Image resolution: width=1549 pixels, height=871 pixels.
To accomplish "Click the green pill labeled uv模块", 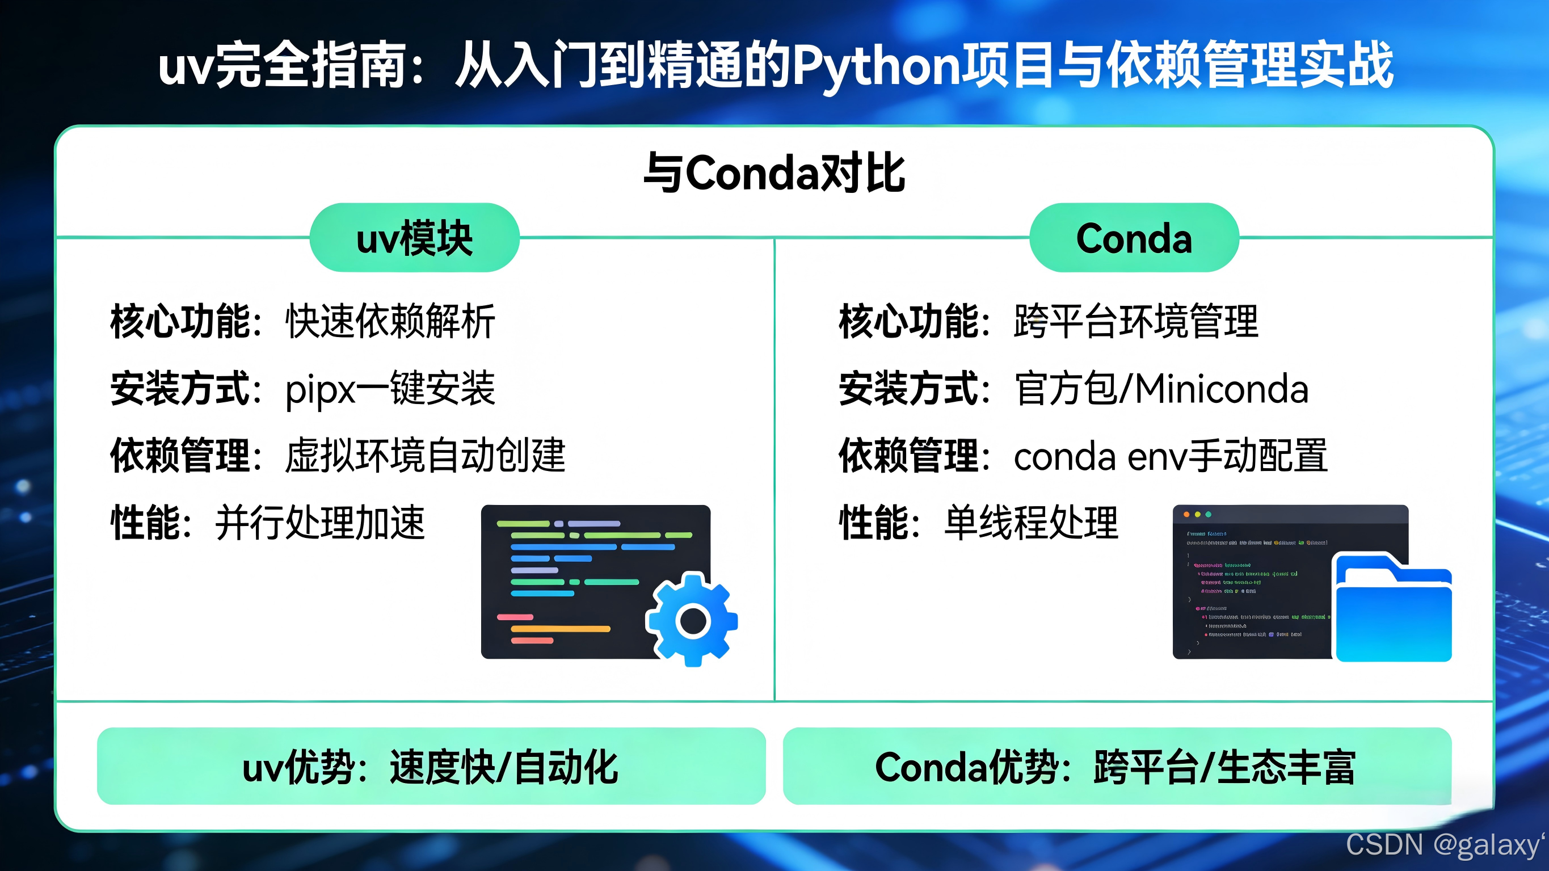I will (x=414, y=238).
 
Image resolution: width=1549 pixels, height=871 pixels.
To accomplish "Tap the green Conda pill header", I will (x=1134, y=238).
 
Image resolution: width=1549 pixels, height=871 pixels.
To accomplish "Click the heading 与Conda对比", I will (x=774, y=173).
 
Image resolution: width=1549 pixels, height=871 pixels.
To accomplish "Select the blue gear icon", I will (x=692, y=620).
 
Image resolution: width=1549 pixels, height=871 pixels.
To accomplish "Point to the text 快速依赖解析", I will (x=390, y=322).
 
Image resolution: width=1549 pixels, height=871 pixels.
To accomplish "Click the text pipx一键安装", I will (x=390, y=389).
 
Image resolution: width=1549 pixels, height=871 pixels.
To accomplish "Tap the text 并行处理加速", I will (x=320, y=522).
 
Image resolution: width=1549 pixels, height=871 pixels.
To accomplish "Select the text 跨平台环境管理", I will (x=1136, y=322).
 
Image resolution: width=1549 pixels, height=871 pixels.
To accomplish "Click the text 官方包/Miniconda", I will (x=1161, y=389).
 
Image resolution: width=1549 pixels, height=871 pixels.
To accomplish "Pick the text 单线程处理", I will (x=1032, y=522).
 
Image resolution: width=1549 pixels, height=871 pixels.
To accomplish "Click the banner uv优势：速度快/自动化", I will (x=431, y=767).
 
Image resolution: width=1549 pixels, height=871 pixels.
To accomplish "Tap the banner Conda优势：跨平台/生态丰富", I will (x=1117, y=767).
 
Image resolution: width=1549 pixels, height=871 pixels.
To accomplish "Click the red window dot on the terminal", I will (x=1186, y=514).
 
